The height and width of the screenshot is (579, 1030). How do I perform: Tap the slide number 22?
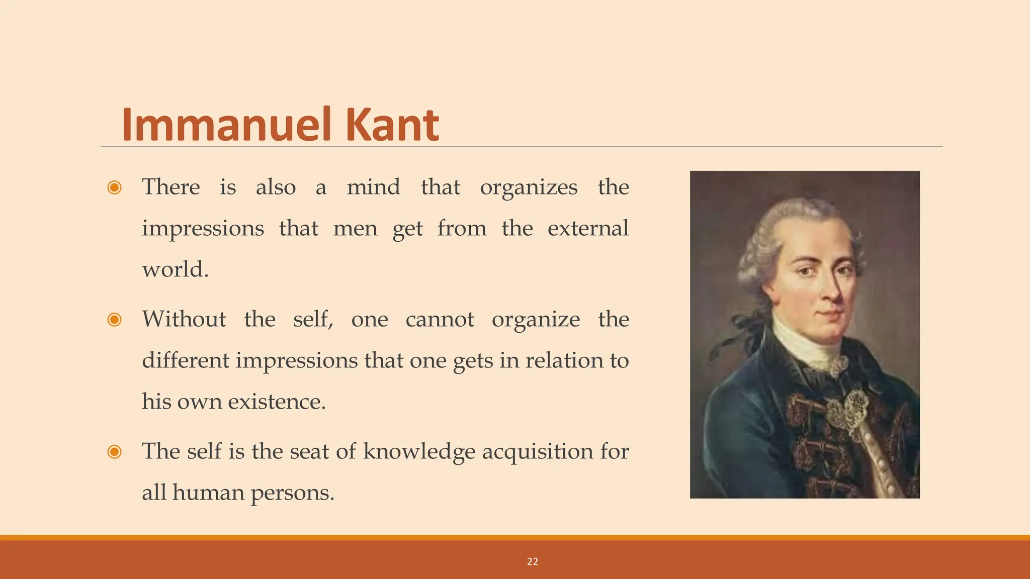(533, 562)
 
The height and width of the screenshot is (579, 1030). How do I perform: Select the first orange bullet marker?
(115, 187)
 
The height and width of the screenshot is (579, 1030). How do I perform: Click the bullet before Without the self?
(115, 320)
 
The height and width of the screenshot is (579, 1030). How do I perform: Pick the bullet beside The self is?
(115, 452)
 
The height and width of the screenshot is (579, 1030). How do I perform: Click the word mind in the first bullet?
(374, 187)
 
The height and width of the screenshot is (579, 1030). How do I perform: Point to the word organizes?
(529, 188)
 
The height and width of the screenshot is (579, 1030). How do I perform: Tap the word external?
(588, 228)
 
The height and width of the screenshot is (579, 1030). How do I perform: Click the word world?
(175, 269)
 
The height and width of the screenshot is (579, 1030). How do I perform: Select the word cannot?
(440, 320)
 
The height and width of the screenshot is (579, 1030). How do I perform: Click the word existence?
(277, 402)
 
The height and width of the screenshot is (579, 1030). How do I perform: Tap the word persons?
(292, 493)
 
